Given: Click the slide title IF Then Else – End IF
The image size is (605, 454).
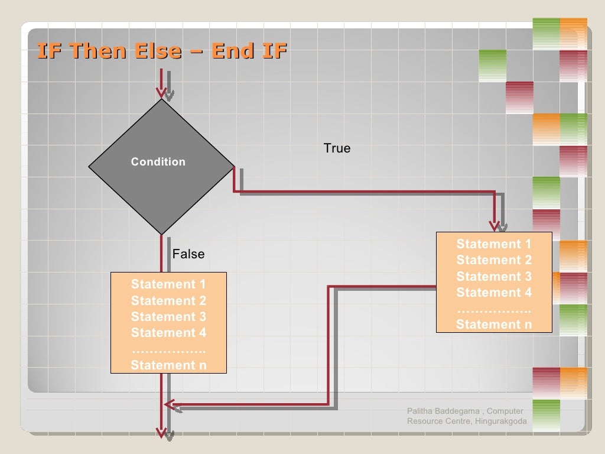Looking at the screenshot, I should (x=162, y=51).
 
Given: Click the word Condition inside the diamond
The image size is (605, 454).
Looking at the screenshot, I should (x=158, y=162).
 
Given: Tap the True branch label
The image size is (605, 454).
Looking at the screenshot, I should (x=337, y=148).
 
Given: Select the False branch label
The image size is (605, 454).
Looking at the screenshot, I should (x=188, y=254).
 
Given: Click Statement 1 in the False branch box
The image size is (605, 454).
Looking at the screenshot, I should (x=168, y=284).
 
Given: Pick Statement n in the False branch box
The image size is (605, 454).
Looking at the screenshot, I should (x=168, y=365).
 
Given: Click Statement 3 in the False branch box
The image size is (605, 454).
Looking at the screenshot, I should (x=168, y=317).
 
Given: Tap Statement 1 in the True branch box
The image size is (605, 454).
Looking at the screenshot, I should (x=494, y=244).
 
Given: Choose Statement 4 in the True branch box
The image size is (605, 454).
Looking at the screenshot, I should (x=494, y=293).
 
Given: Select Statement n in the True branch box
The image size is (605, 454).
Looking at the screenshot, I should (x=494, y=325).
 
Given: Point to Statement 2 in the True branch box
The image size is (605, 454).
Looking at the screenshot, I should (x=494, y=260).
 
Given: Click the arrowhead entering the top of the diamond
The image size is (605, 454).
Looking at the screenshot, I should (x=161, y=92).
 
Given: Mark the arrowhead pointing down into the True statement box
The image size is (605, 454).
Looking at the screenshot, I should (x=495, y=225).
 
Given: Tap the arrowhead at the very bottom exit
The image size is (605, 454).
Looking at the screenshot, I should (x=161, y=433).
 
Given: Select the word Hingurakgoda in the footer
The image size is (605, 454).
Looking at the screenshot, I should (x=500, y=421).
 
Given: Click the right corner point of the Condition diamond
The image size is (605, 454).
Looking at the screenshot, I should (x=234, y=166).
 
